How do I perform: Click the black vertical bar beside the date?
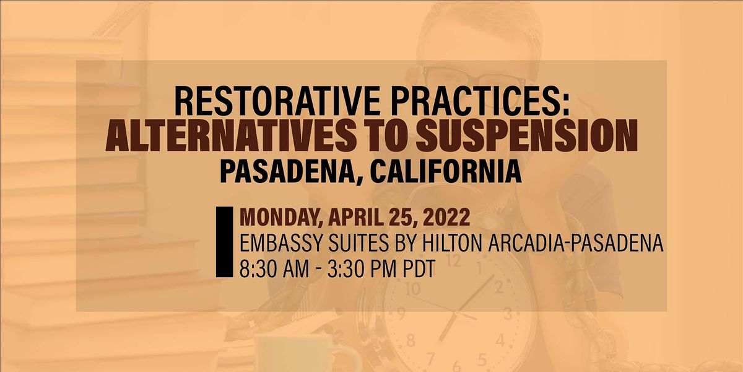[x=219, y=242]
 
